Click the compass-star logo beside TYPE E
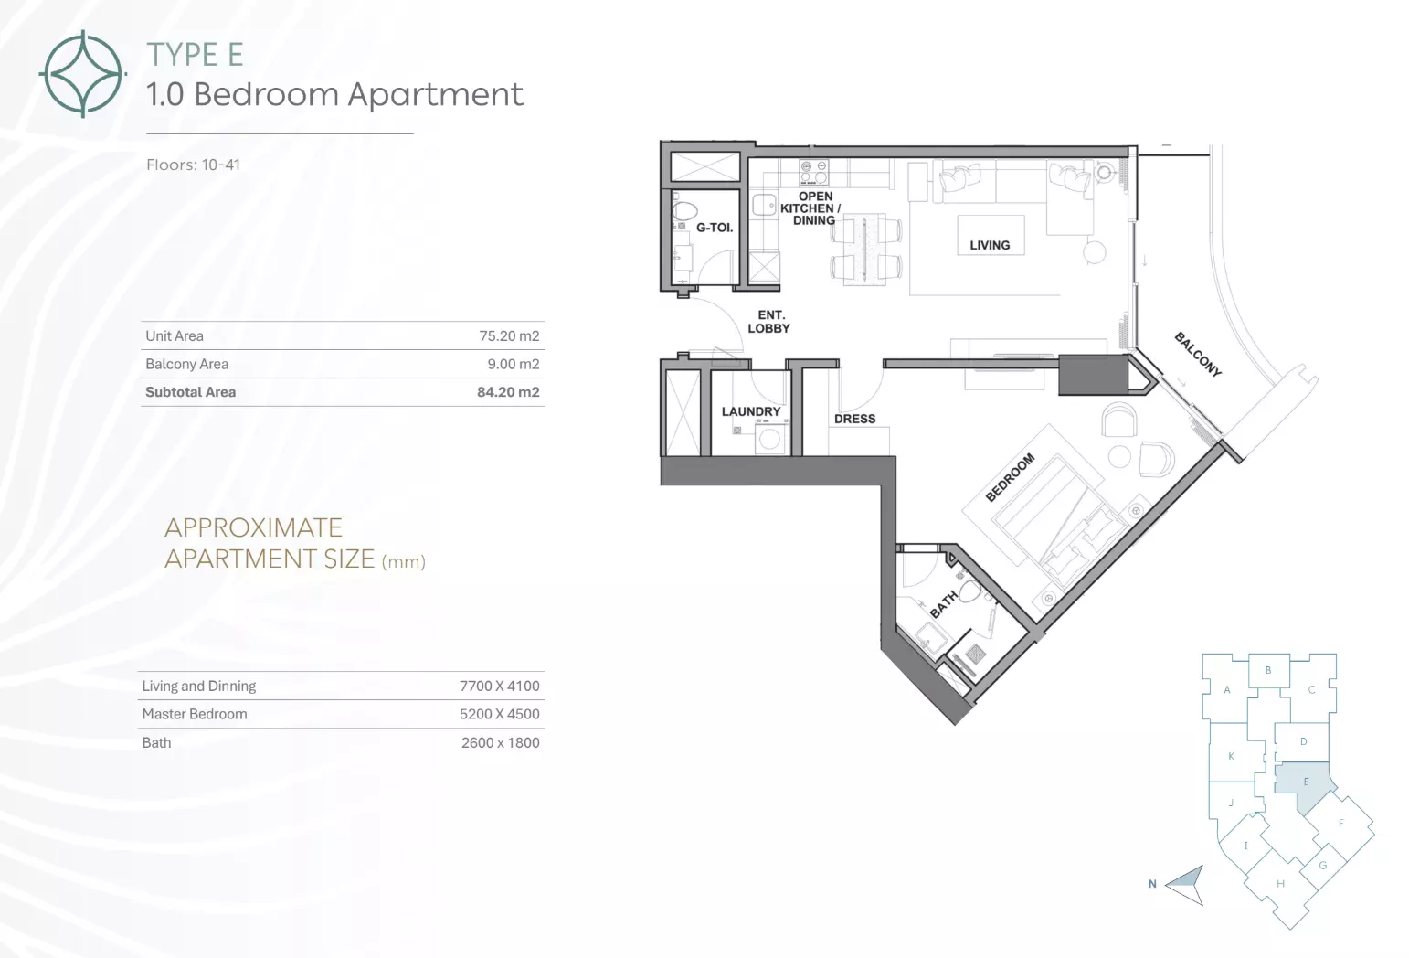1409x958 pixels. point(82,74)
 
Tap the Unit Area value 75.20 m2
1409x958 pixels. point(509,336)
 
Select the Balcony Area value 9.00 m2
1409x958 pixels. point(514,364)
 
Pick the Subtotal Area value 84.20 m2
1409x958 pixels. point(508,392)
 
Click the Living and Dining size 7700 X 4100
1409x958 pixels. point(500,687)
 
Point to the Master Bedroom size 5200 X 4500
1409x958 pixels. point(500,715)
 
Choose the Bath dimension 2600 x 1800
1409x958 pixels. point(500,743)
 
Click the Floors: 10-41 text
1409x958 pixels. point(193,165)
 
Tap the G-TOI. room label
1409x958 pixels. point(715,228)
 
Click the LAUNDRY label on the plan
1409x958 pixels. point(751,411)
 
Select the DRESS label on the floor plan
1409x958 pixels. point(855,420)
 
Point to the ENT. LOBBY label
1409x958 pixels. point(768,322)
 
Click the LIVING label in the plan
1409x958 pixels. point(990,246)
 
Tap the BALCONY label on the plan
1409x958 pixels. point(1198,355)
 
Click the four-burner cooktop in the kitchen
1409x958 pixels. point(814,173)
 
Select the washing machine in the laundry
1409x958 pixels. point(769,438)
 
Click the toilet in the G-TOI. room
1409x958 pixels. point(684,211)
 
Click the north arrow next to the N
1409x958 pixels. point(1186,885)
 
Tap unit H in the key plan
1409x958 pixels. point(1280,884)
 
